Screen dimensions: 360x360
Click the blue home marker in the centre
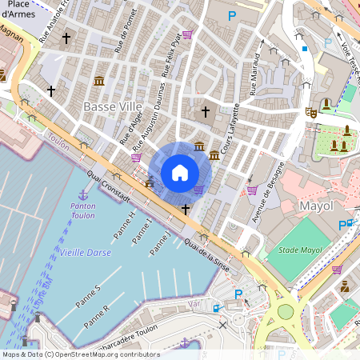tap(180, 173)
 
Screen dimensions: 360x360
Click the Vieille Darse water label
tap(85, 253)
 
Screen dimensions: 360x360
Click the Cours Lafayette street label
tap(231, 128)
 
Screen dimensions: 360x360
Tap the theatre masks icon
tap(311, 113)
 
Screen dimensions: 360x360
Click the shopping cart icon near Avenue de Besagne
tap(252, 190)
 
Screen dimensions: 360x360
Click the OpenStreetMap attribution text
tap(80, 354)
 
